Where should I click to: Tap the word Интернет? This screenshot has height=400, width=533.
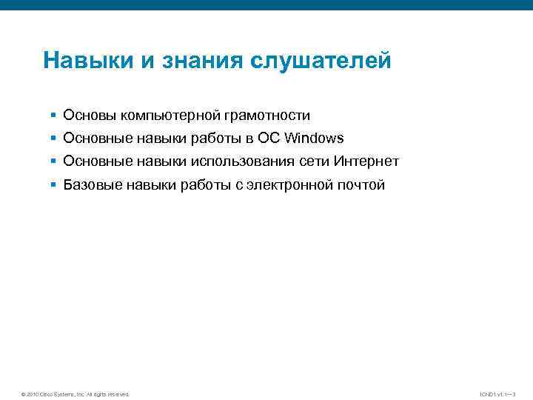(x=366, y=161)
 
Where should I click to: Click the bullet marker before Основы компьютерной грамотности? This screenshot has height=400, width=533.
(x=53, y=116)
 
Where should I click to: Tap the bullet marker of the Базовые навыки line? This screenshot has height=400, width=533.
(x=53, y=185)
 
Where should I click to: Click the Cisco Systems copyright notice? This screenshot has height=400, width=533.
(x=76, y=394)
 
